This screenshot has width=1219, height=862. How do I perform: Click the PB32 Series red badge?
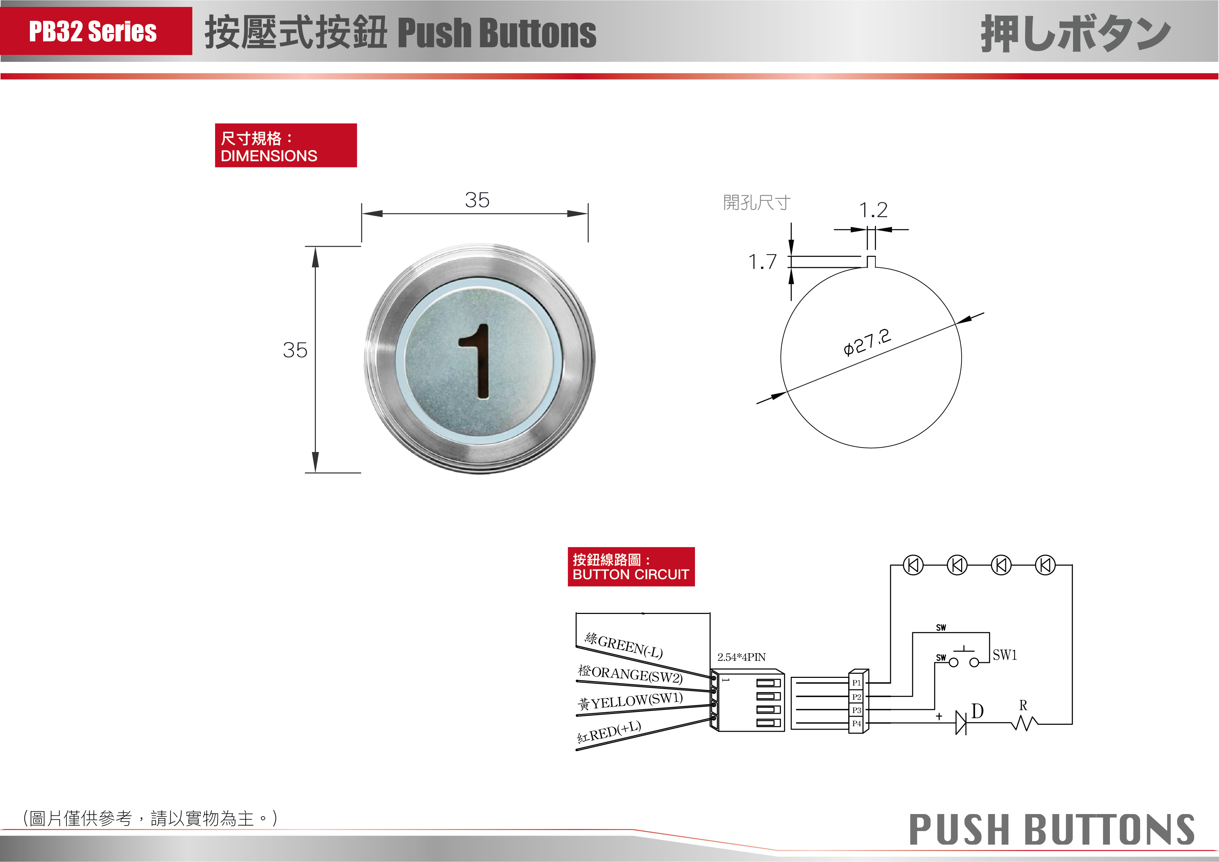[96, 31]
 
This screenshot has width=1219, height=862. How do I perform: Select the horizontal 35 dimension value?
[477, 200]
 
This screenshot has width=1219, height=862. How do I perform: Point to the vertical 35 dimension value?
[295, 350]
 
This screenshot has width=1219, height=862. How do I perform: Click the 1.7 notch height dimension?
[762, 262]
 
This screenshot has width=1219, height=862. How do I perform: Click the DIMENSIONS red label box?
[286, 146]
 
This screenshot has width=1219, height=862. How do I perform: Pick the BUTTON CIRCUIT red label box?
[631, 567]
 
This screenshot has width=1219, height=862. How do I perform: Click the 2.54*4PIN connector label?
[741, 657]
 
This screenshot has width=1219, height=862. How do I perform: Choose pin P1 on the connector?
[856, 683]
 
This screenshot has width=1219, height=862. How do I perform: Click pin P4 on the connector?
[856, 723]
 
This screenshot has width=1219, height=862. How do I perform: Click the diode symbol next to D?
[960, 723]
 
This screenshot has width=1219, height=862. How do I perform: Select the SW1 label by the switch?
[1005, 655]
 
